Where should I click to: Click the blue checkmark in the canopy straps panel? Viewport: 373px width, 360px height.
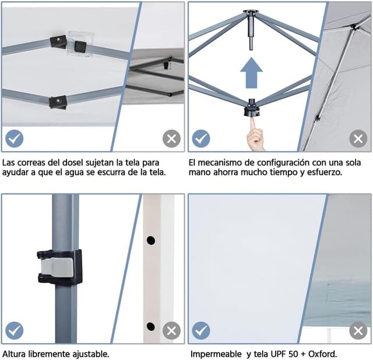(14, 138)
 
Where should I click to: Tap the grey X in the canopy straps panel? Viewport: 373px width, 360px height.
(171, 138)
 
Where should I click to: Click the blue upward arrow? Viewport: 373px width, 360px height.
(251, 72)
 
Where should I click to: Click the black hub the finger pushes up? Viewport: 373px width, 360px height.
(252, 109)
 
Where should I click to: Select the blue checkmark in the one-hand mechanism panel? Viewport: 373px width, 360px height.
(201, 138)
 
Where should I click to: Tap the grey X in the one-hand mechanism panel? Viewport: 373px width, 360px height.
(358, 138)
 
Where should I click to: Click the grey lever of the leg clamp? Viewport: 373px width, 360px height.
(57, 267)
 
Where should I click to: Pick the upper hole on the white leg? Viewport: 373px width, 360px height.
(151, 240)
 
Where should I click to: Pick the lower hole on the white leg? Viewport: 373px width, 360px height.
(151, 326)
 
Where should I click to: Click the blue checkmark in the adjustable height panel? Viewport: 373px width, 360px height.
(14, 330)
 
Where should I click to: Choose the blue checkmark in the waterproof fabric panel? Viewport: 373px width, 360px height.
(201, 330)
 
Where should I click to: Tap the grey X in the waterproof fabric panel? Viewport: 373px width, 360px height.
(358, 330)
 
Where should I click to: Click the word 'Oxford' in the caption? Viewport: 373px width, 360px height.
(322, 354)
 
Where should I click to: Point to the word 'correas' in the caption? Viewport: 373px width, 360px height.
(31, 163)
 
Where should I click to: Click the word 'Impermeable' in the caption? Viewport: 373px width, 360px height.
(216, 354)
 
